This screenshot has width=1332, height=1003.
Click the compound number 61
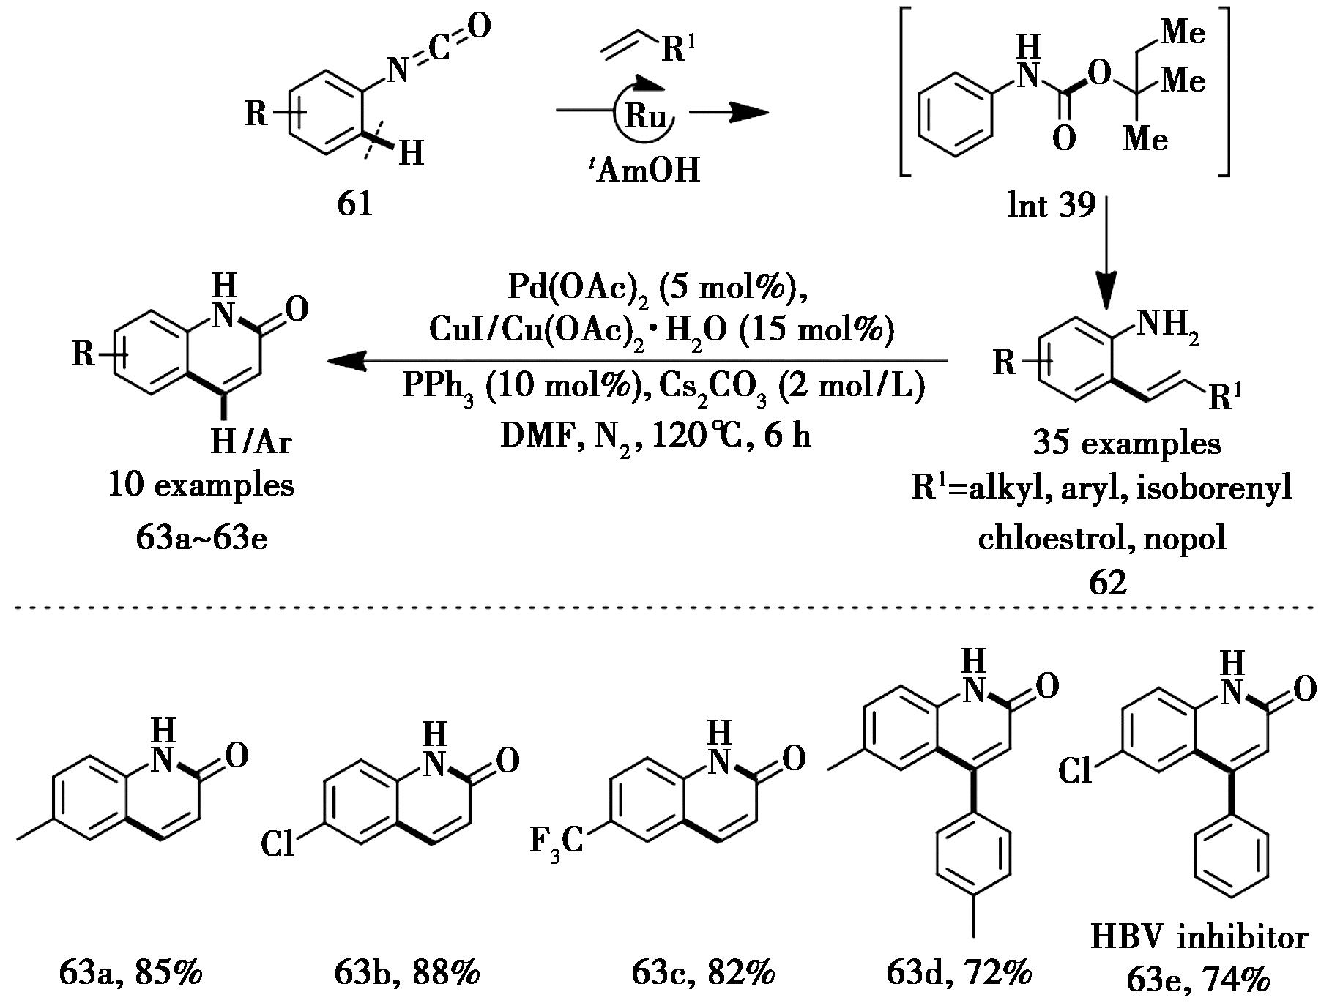(x=355, y=204)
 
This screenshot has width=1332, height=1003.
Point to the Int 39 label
(x=1051, y=206)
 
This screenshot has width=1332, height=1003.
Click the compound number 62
(x=1107, y=583)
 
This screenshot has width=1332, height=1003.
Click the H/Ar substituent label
(x=251, y=441)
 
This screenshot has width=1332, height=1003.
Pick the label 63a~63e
(x=201, y=538)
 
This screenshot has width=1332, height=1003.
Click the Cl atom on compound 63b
(x=278, y=845)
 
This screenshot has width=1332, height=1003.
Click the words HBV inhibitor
(x=1199, y=938)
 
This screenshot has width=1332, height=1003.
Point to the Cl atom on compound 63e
(x=1076, y=771)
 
